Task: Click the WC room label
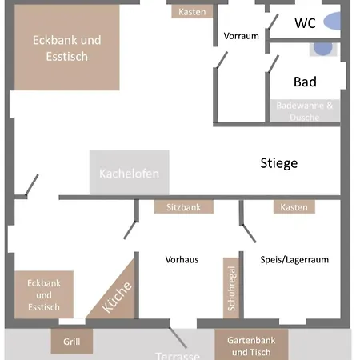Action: [x=305, y=22]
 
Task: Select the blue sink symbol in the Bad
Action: [x=322, y=48]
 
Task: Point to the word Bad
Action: [x=305, y=82]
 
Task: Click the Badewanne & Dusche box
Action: [x=308, y=111]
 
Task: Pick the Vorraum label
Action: [x=241, y=36]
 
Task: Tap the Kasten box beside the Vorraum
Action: [x=192, y=12]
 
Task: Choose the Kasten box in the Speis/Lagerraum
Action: [x=294, y=207]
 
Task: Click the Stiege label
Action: [x=278, y=163]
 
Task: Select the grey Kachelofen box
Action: [x=129, y=173]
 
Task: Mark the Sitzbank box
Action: [x=184, y=207]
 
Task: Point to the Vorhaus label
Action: [x=182, y=260]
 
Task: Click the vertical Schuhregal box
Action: [x=231, y=290]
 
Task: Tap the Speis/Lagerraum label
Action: [x=294, y=260]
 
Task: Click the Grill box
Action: [x=71, y=341]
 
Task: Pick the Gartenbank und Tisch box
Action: [x=251, y=346]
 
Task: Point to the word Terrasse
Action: [x=177, y=355]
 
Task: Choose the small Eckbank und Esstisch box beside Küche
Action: [x=44, y=294]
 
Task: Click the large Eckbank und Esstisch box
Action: [x=66, y=48]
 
